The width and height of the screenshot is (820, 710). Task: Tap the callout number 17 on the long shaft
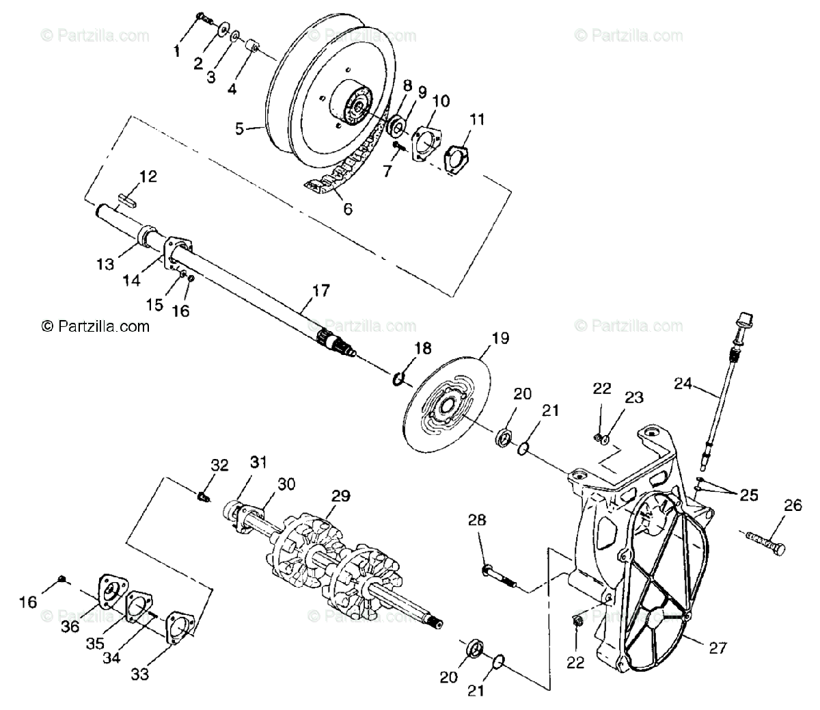coord(320,291)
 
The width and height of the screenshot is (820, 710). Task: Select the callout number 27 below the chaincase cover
coord(718,647)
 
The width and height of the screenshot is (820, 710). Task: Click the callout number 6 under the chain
coord(347,209)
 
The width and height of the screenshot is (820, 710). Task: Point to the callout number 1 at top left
coord(177,51)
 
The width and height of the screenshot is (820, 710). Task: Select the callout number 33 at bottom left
coord(139,674)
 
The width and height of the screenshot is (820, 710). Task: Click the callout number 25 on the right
coord(749,495)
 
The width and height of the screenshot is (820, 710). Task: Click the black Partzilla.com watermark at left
coord(96,326)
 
